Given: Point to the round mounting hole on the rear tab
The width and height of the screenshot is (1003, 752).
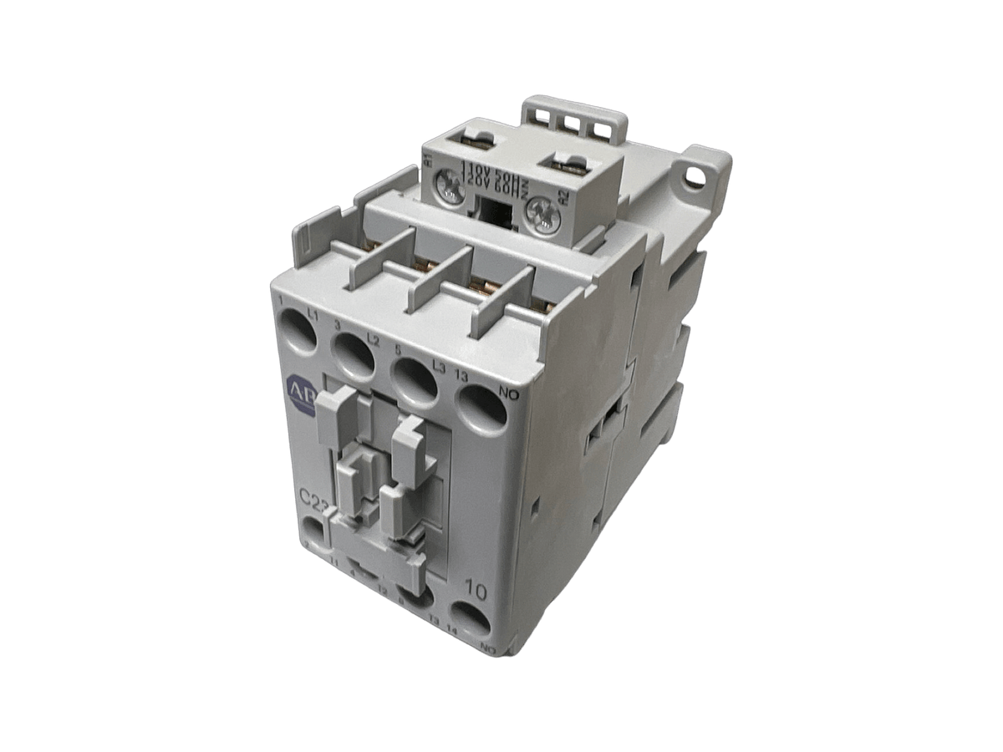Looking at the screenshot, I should (693, 176).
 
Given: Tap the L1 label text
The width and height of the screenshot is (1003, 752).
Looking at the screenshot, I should (314, 313).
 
